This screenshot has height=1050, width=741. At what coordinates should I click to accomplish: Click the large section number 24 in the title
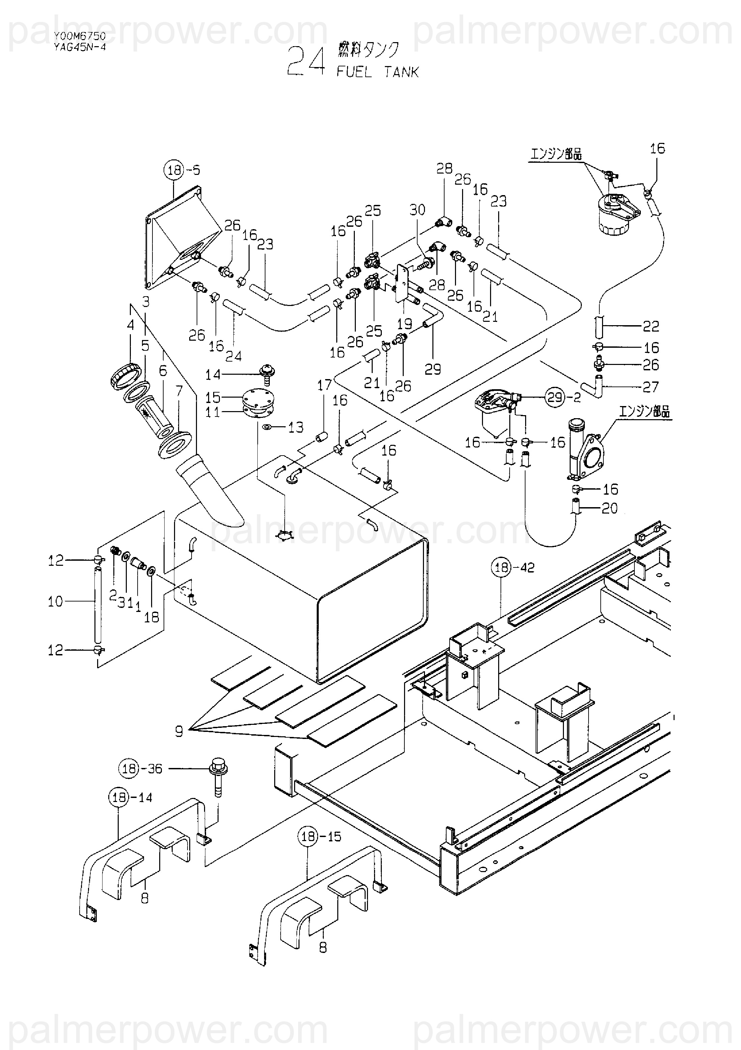click(x=306, y=62)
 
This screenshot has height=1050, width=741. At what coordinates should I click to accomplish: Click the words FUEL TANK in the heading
click(x=378, y=72)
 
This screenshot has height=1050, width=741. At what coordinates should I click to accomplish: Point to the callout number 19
click(x=405, y=324)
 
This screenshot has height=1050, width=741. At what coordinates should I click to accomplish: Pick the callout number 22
click(x=651, y=326)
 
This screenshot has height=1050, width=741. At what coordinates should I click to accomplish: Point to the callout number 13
click(x=296, y=428)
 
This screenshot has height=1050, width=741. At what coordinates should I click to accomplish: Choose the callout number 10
click(x=55, y=601)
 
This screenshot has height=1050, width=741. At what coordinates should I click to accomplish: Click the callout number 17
click(x=324, y=385)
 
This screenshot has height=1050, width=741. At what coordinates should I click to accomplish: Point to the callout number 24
click(x=234, y=356)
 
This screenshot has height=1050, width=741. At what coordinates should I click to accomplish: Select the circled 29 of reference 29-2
click(x=555, y=397)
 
